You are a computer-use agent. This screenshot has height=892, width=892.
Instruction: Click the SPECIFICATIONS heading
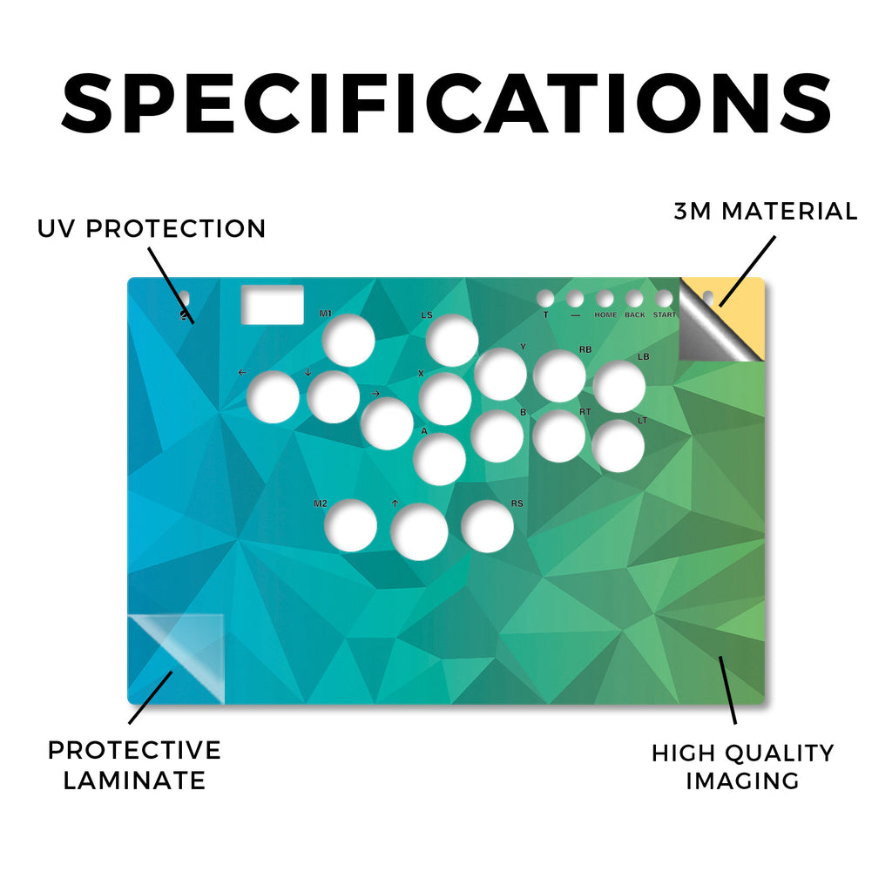447,104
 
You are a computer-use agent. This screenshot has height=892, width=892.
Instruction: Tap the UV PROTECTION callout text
152,229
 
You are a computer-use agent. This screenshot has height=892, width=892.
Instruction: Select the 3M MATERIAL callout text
766,211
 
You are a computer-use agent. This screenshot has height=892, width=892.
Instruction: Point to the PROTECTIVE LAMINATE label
134,765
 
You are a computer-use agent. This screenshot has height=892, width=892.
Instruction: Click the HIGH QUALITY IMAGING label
743,767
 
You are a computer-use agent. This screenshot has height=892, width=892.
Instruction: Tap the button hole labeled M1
348,341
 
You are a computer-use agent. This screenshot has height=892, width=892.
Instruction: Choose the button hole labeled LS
452,341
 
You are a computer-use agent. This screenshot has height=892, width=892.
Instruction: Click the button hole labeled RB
559,376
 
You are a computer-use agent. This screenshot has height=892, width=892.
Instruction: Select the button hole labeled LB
619,386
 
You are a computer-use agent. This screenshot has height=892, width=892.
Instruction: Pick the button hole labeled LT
618,446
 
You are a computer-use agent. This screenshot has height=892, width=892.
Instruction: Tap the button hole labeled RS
487,526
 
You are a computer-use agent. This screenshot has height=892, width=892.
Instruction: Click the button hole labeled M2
350,525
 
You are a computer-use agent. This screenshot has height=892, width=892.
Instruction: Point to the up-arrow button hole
419,531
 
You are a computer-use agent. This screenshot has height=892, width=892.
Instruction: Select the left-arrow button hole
273,396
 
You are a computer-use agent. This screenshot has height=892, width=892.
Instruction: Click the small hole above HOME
605,298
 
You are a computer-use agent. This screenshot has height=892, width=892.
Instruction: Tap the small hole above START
663,298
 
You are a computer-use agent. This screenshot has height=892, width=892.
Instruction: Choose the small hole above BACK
634,298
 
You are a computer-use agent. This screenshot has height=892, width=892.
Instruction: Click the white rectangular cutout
273,305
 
